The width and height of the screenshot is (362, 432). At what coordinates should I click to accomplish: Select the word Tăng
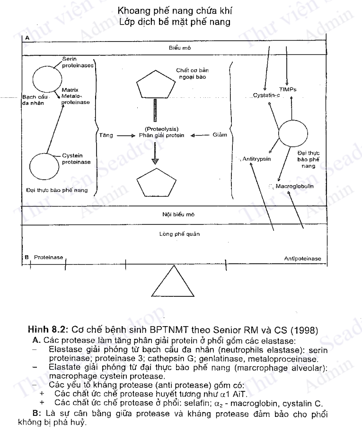point(106,135)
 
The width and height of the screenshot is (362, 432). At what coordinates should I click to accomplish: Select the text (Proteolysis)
point(162,129)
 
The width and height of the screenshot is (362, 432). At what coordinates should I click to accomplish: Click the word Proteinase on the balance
point(48,257)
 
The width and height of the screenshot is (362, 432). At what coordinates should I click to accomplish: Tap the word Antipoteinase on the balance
point(302,259)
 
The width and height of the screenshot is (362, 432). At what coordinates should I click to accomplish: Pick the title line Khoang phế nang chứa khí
point(175,10)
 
